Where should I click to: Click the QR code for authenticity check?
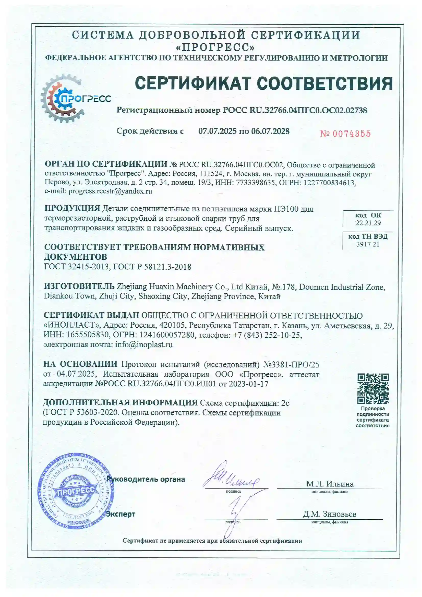coord(373,389)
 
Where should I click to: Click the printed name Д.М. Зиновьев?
coord(329,514)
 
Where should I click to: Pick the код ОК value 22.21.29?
coord(368,223)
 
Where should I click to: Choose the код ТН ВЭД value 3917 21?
coord(368,244)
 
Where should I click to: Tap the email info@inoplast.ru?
coord(144,345)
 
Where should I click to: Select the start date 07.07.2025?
coord(217,131)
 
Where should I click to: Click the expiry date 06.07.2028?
coord(270,131)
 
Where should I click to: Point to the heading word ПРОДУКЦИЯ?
coord(72,209)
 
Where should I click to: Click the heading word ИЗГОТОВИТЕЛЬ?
coord(79,286)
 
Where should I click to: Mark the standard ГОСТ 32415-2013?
coord(76,267)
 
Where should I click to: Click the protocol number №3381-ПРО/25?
coord(291,365)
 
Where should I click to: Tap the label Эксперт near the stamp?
coord(121,514)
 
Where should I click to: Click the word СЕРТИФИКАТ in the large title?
coord(193,83)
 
